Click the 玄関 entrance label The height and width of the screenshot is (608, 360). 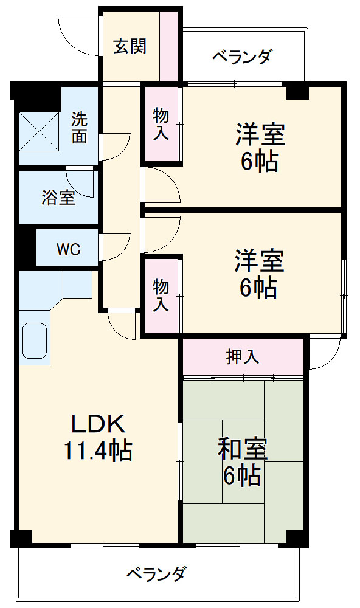pos(130,46)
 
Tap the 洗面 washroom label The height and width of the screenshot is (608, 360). pos(79,127)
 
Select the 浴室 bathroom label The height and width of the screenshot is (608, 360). pos(58,197)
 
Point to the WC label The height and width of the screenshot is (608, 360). pos(67,249)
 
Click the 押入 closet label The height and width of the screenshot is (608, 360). pos(243,357)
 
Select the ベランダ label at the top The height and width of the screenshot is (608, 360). pos(241,57)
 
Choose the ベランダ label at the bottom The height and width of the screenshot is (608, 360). pos(156,573)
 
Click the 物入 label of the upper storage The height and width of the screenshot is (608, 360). pos(161,124)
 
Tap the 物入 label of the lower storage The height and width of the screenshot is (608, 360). pos(161,294)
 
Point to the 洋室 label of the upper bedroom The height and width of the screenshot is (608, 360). pos(260,134)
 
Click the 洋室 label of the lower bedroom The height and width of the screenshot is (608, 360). pos(260,260)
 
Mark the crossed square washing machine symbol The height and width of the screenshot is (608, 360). pos(40,129)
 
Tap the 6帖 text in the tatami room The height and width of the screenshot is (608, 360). pos(242,475)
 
